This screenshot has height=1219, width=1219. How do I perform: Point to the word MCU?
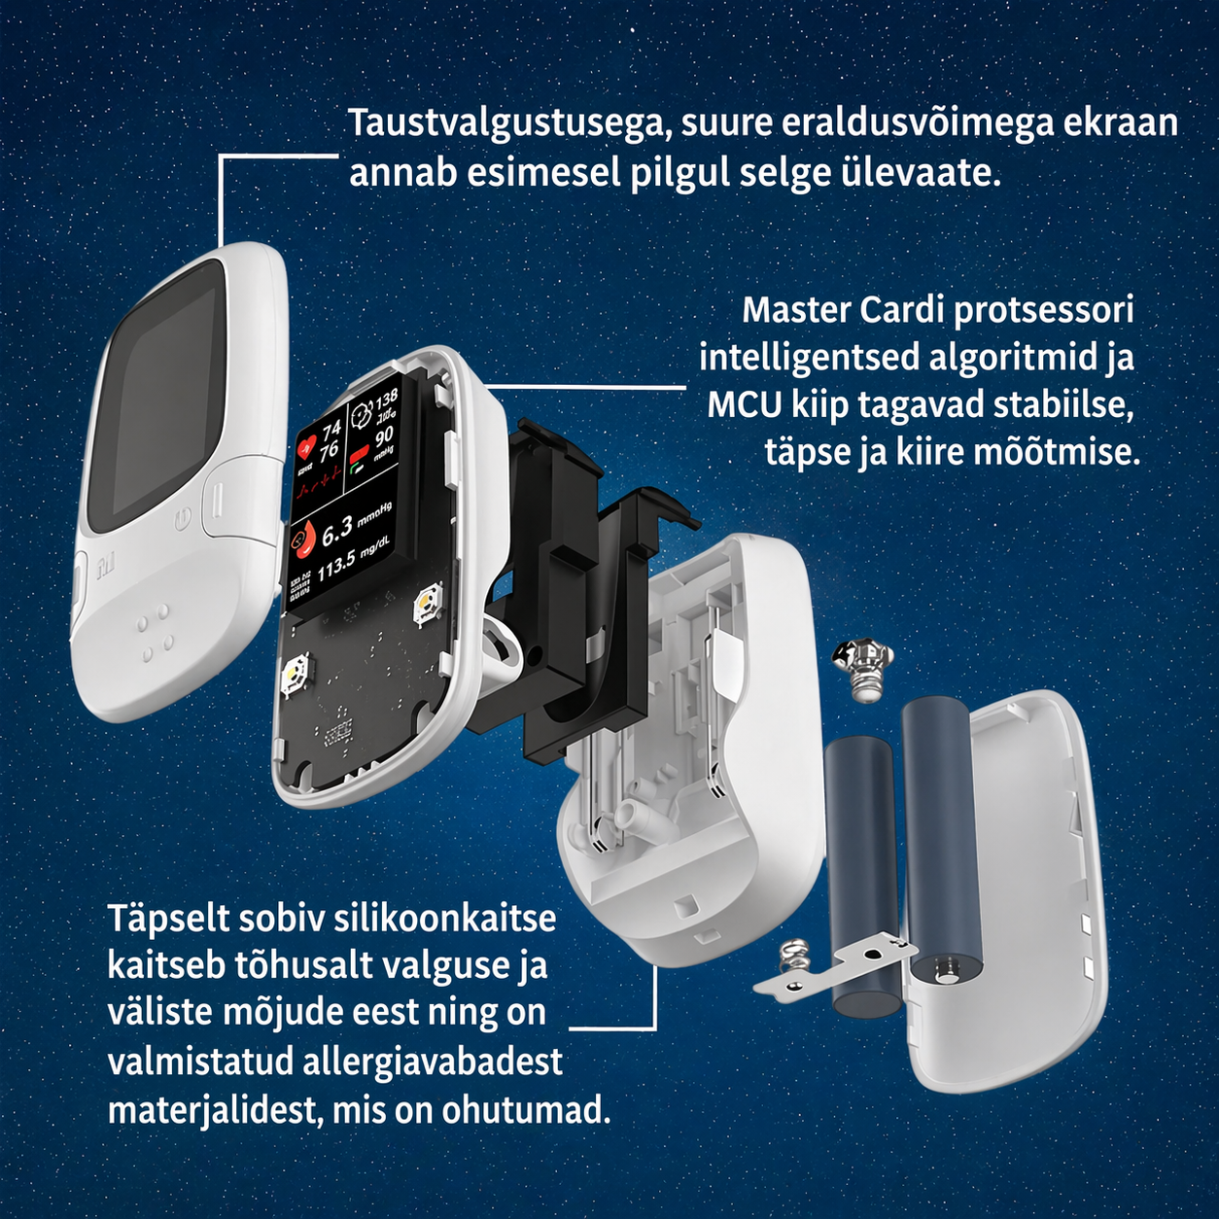coord(744,404)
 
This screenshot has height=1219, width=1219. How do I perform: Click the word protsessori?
coord(1042,310)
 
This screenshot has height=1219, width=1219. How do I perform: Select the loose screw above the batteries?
coord(861,666)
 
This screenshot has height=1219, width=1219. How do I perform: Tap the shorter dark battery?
coord(862,875)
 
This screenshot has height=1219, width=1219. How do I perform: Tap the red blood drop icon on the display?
coord(302,540)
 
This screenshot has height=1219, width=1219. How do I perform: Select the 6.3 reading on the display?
coord(337,531)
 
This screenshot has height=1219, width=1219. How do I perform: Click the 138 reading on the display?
coord(386,398)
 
